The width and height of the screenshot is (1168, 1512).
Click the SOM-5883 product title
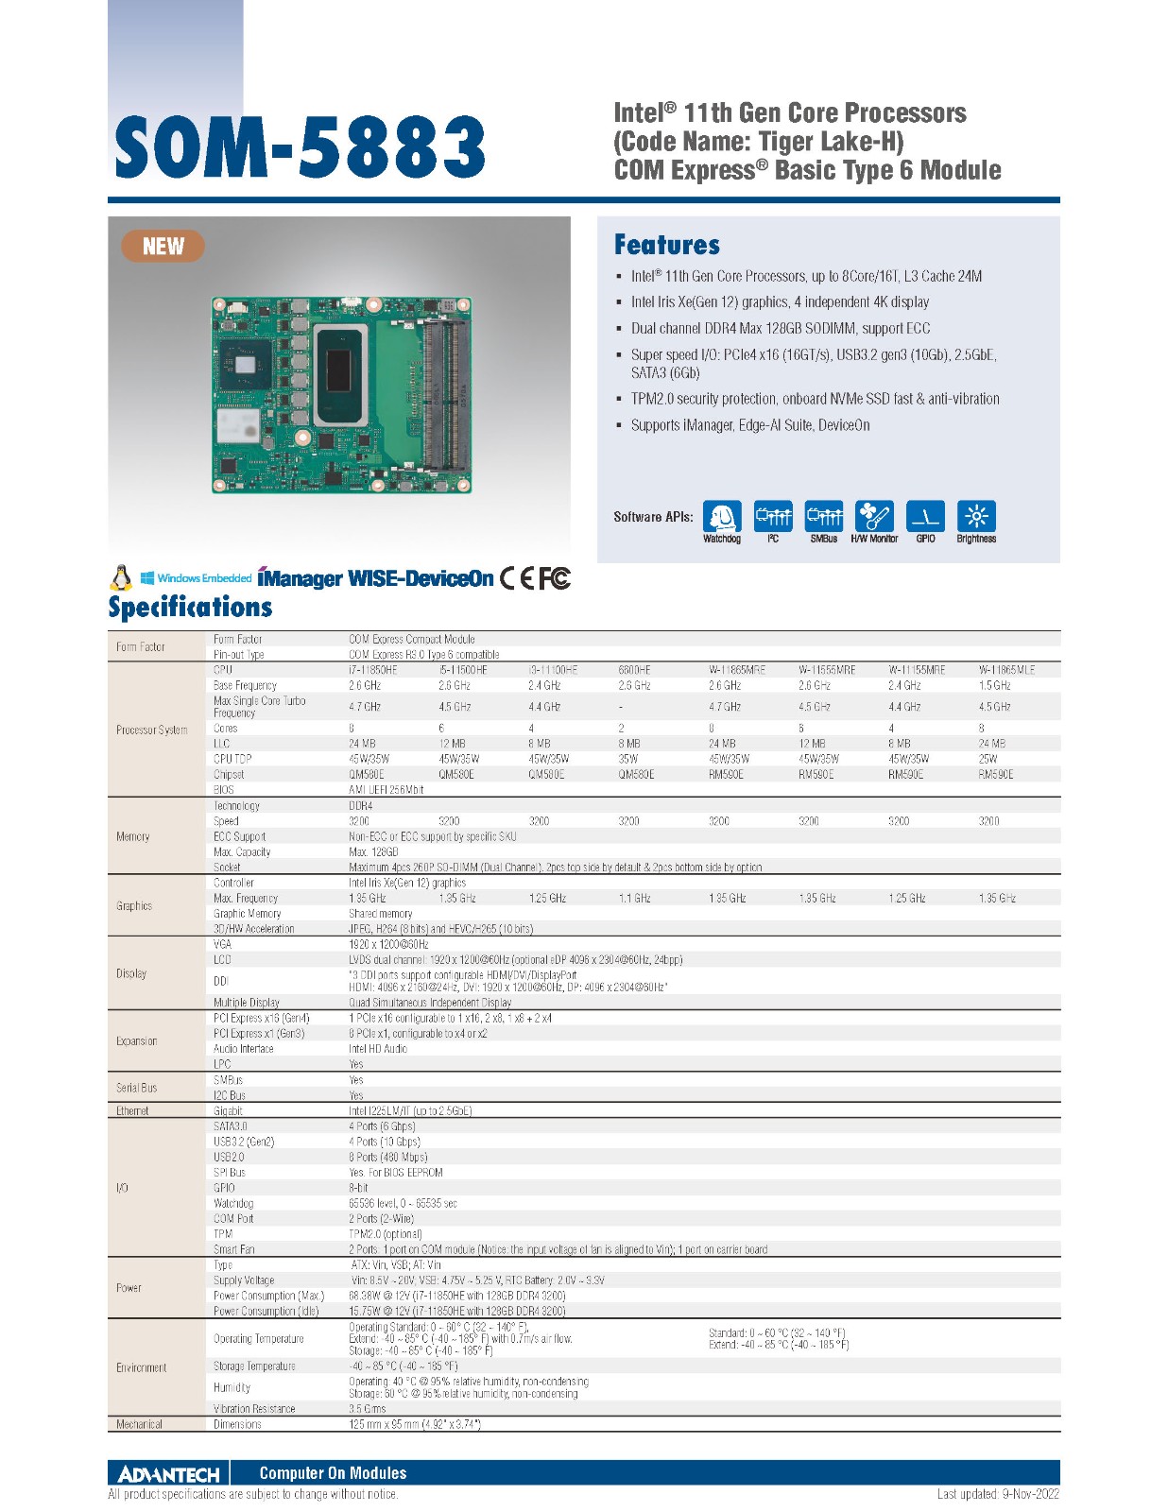coord(300,147)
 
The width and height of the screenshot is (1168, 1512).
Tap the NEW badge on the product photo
coord(163,247)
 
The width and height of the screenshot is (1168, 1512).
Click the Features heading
coord(666,245)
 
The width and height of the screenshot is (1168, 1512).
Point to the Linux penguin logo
coord(121,577)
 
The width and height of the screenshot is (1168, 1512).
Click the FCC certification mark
coord(555,577)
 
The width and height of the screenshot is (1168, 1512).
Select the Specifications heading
coord(190,607)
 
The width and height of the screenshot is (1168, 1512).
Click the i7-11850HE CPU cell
coord(373,670)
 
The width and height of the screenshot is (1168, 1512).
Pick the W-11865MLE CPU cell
coord(1006,670)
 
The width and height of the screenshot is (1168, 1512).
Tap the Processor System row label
coord(151,730)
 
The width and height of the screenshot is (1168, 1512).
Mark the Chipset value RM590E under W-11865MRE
coord(726,775)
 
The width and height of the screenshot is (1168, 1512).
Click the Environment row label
coord(142,1367)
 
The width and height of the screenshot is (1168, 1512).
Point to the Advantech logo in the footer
coord(168,1473)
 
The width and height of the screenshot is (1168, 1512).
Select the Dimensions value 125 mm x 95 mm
coord(415,1424)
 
